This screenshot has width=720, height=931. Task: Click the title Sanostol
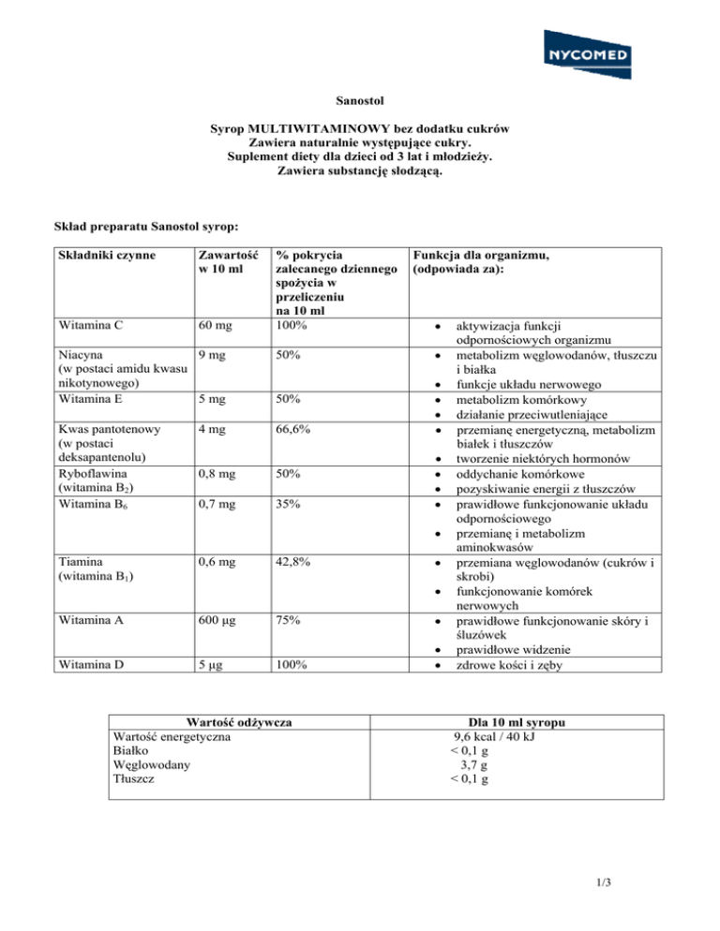coord(360,97)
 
